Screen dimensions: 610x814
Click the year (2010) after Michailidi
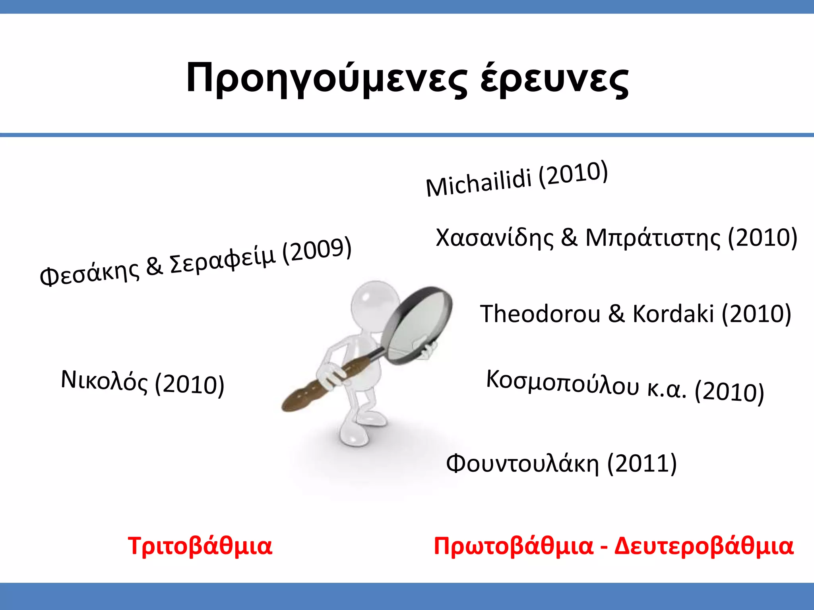pyautogui.click(x=573, y=174)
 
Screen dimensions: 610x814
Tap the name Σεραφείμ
pyautogui.click(x=223, y=260)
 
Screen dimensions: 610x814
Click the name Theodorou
pyautogui.click(x=540, y=314)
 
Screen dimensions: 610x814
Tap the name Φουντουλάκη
pyautogui.click(x=522, y=463)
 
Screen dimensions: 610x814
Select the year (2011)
pyautogui.click(x=642, y=463)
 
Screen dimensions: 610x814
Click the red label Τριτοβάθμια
pyautogui.click(x=200, y=546)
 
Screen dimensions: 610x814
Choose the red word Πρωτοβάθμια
pyautogui.click(x=513, y=546)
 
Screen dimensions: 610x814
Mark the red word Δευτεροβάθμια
pyautogui.click(x=704, y=546)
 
